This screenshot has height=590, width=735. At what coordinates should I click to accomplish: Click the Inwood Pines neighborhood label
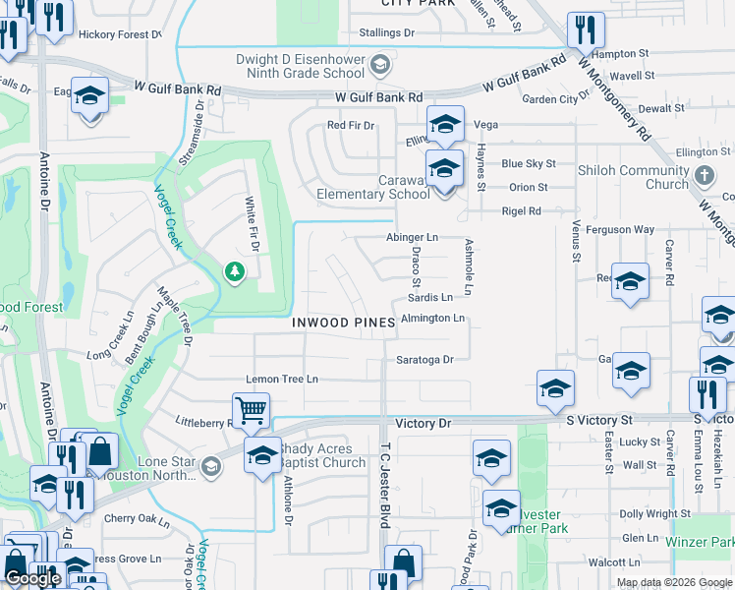click(x=343, y=323)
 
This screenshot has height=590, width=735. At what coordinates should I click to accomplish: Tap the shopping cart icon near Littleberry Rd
click(x=251, y=410)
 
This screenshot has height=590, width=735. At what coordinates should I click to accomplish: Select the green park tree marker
click(x=234, y=270)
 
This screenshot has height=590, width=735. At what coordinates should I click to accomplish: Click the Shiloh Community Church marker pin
click(x=703, y=176)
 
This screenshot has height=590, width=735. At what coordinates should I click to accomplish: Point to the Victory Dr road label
click(x=423, y=423)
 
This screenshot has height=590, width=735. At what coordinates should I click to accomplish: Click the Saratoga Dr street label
click(x=425, y=360)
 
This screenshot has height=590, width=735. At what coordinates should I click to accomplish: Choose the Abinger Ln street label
click(x=412, y=238)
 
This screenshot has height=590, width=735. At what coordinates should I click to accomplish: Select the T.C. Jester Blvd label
click(x=385, y=497)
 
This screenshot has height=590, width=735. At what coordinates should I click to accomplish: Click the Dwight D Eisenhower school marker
click(x=382, y=66)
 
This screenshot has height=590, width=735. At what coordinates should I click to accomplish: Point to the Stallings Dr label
click(x=386, y=32)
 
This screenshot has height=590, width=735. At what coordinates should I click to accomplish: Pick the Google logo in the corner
click(x=32, y=578)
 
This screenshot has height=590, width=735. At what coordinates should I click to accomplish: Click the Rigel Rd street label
click(x=521, y=211)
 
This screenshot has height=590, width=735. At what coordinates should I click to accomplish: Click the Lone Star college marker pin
click(x=211, y=465)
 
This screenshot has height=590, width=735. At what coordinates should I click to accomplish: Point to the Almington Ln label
click(x=432, y=319)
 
